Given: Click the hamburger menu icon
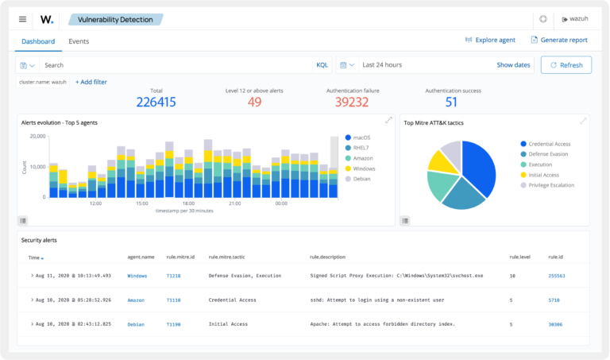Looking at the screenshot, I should [22, 19].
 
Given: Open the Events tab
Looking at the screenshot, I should [79, 41].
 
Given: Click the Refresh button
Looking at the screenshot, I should [566, 65].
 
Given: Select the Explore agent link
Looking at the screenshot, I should [491, 41].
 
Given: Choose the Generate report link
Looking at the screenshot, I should [559, 41].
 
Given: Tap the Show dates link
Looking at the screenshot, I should [513, 65].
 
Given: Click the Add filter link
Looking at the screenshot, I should [91, 82].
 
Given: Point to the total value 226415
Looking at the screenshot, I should [156, 102].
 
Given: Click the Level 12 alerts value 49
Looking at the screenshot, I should [254, 102].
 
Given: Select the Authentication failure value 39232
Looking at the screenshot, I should [352, 102].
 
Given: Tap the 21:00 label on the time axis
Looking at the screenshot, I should [234, 203].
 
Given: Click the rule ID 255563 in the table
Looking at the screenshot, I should [556, 276].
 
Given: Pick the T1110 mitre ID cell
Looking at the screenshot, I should [174, 300].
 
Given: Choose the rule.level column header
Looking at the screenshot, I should [519, 257].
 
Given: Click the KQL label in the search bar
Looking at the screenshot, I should [322, 65].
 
